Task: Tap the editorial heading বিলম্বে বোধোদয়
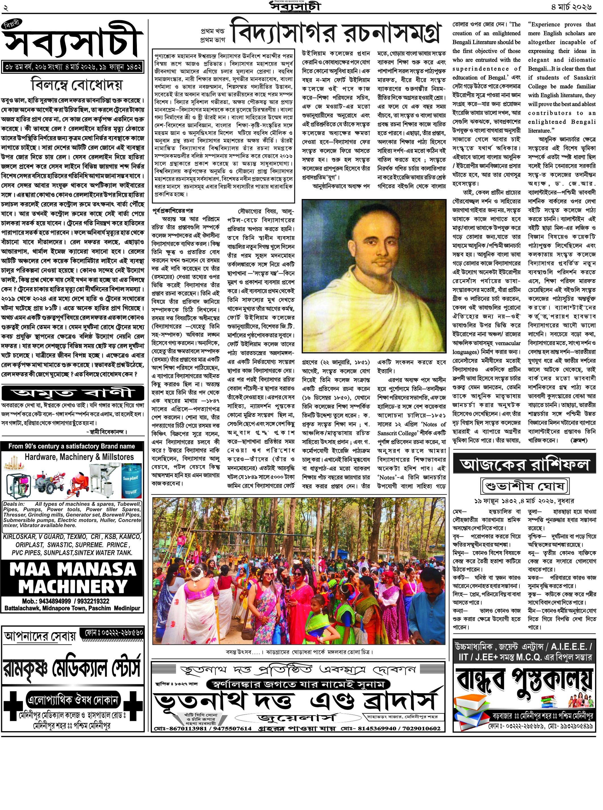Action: click(77, 85)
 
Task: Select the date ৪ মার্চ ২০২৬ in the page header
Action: click(571, 7)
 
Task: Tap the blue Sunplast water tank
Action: click(131, 480)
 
